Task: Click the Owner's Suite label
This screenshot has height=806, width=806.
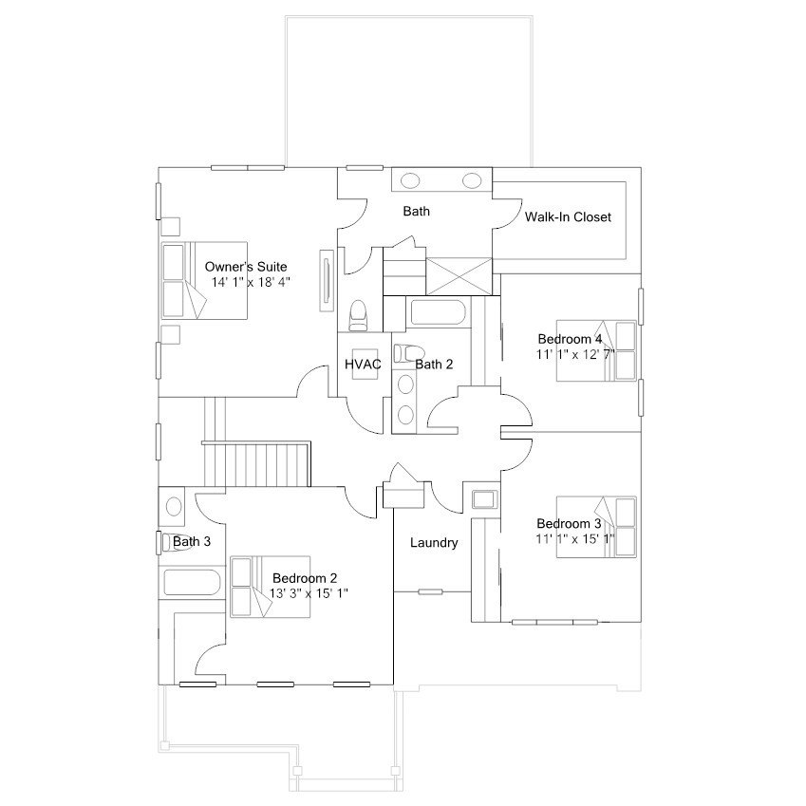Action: (246, 267)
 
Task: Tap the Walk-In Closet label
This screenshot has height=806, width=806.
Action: (568, 216)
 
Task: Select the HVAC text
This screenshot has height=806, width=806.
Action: (363, 365)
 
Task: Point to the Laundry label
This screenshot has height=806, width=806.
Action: (434, 543)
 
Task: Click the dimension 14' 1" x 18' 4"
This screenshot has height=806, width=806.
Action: (252, 282)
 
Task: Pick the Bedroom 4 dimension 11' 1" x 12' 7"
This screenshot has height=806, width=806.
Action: (575, 355)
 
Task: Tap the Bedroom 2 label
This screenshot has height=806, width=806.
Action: (305, 578)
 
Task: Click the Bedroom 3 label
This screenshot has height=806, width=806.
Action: (569, 524)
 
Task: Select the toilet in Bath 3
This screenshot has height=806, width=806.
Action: (176, 542)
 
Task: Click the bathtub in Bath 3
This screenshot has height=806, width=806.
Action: (192, 582)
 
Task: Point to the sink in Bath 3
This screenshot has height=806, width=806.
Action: (174, 506)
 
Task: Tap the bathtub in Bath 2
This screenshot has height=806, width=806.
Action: (438, 313)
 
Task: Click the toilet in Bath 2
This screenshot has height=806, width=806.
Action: (409, 353)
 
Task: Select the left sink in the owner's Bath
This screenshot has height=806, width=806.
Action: (410, 180)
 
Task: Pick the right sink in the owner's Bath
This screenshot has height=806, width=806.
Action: (472, 180)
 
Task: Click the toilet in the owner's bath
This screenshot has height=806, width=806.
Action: (358, 315)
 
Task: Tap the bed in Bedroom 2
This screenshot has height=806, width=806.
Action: (270, 587)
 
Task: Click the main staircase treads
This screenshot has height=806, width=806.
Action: (257, 465)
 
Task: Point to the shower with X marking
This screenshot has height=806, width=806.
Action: (459, 276)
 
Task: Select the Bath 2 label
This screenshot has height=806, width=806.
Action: (435, 365)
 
